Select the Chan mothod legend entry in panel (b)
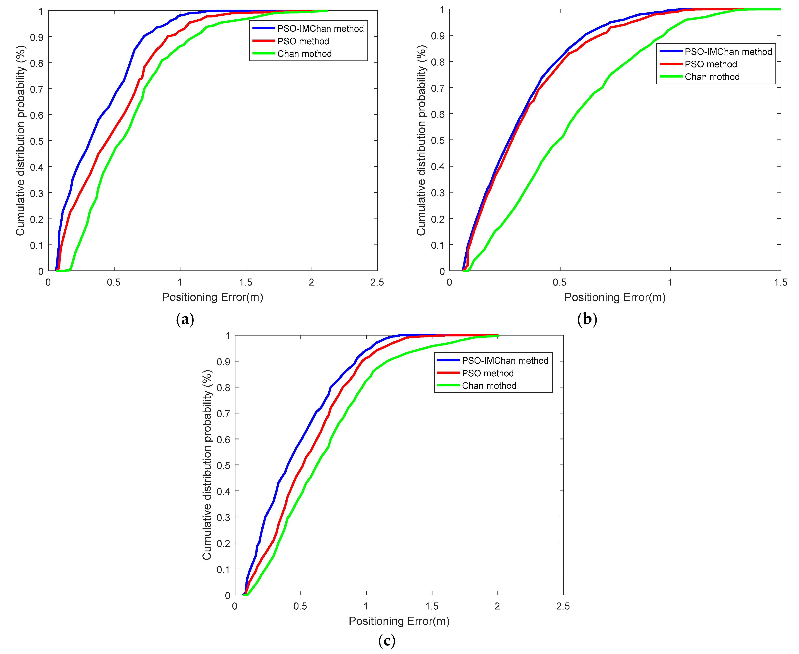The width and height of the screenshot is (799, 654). (x=712, y=77)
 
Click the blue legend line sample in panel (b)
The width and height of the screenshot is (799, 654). (x=671, y=51)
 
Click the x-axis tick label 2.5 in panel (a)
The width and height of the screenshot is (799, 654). (x=377, y=282)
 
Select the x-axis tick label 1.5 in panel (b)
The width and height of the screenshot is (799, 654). (x=780, y=282)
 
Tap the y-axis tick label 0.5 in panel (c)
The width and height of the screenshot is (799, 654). (x=223, y=465)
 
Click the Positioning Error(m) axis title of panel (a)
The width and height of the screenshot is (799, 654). (x=212, y=297)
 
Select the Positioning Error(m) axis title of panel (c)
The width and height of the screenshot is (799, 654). (x=399, y=621)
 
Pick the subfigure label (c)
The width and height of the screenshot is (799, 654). (x=387, y=640)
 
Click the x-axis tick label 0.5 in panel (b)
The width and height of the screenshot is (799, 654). (x=559, y=282)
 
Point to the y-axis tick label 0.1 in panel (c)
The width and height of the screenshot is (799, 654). (x=223, y=569)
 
